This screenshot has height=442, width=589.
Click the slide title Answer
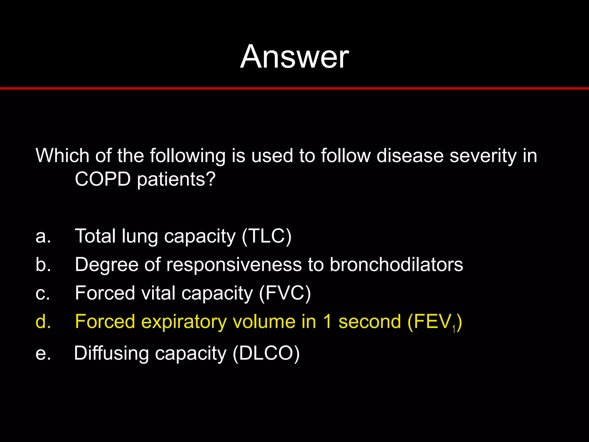coord(294,57)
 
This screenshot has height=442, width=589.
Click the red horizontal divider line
coord(294,88)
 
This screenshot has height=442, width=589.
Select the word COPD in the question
coord(103,179)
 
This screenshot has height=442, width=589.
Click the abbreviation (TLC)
coord(267,236)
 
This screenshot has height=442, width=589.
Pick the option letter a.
coord(43,236)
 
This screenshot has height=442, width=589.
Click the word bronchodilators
coord(396,264)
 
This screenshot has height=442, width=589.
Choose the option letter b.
coord(43,264)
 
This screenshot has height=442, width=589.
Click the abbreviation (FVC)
coord(285,293)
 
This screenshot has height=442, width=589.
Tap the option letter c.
coord(43,293)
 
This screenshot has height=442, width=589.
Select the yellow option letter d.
coord(43,321)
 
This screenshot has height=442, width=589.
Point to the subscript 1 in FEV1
coord(454,329)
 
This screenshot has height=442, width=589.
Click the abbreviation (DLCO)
coord(266,353)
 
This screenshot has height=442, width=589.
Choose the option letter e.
coord(43,353)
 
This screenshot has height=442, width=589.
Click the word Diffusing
coord(111,353)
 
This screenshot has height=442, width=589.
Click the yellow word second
coord(370,321)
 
